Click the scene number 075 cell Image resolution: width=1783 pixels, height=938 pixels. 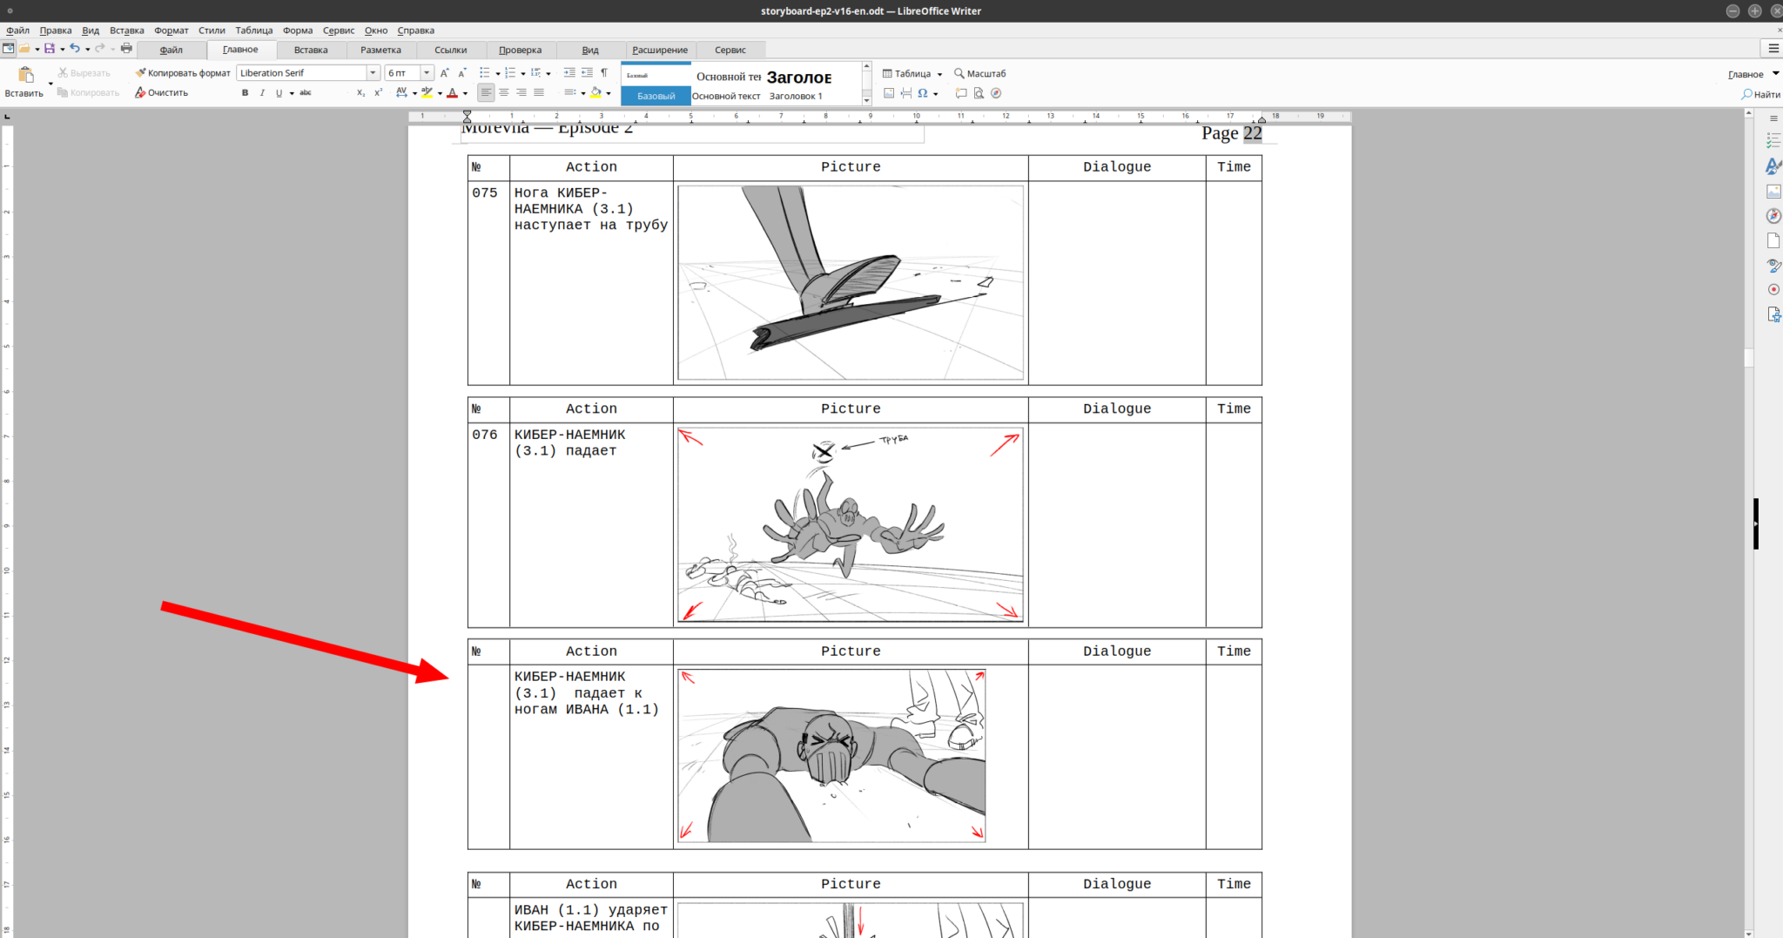click(485, 193)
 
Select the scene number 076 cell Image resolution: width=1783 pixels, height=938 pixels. click(485, 435)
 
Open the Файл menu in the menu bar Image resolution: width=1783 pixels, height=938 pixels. click(18, 30)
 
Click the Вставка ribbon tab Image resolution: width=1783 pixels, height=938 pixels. click(311, 50)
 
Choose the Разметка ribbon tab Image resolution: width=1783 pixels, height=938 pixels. click(380, 50)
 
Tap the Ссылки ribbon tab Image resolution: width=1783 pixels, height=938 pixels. click(451, 50)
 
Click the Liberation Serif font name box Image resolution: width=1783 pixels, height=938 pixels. click(301, 73)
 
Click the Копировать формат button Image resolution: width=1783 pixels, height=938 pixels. click(183, 73)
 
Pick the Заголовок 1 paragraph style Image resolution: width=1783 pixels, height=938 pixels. click(796, 96)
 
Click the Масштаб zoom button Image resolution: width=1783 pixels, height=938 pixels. click(980, 74)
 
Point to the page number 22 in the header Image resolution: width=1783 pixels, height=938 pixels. click(1252, 133)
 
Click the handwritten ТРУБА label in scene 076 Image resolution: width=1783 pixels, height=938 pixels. click(894, 440)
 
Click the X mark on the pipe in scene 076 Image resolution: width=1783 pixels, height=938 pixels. click(823, 451)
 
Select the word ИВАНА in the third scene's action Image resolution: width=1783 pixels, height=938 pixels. click(588, 709)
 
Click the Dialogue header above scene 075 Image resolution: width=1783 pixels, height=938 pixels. click(1117, 167)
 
